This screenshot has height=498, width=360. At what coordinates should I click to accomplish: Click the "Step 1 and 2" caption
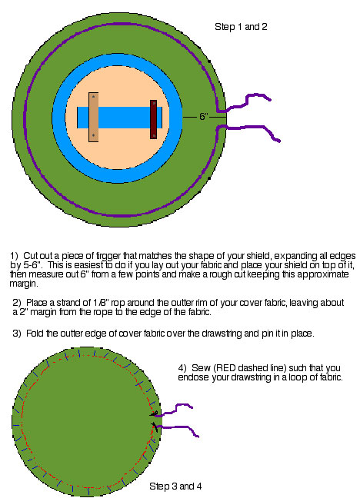(x=241, y=27)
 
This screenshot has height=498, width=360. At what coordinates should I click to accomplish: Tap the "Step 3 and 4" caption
(x=175, y=486)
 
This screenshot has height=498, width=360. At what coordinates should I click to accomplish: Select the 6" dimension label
(x=204, y=117)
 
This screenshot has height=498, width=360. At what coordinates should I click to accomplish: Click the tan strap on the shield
(x=93, y=117)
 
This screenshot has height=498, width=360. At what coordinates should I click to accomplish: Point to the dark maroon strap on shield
(x=153, y=119)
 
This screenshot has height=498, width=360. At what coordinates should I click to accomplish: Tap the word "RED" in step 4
(x=226, y=368)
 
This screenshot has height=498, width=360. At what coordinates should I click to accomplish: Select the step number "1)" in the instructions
(x=15, y=256)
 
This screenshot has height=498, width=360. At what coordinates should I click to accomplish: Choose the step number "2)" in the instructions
(x=17, y=303)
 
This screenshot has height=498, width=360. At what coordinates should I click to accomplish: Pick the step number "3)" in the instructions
(x=17, y=334)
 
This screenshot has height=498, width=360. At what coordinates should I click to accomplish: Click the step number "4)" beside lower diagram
(x=182, y=368)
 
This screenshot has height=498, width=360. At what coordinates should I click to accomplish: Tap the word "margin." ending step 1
(x=24, y=284)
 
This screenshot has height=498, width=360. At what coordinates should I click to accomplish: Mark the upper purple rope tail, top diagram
(x=245, y=102)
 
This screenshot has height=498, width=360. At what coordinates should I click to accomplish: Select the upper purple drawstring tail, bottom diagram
(x=175, y=410)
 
